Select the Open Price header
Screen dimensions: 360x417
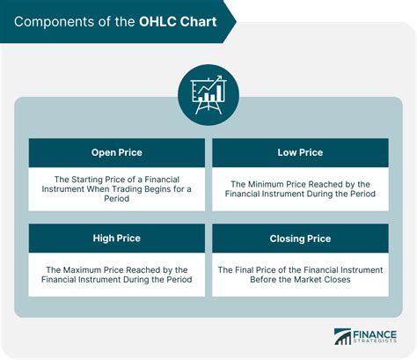tap(116, 152)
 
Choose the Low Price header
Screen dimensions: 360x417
tap(300, 152)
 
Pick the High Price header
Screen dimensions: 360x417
tap(116, 238)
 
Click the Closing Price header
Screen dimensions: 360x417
tap(300, 238)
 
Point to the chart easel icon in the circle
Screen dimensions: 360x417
tap(208, 92)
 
